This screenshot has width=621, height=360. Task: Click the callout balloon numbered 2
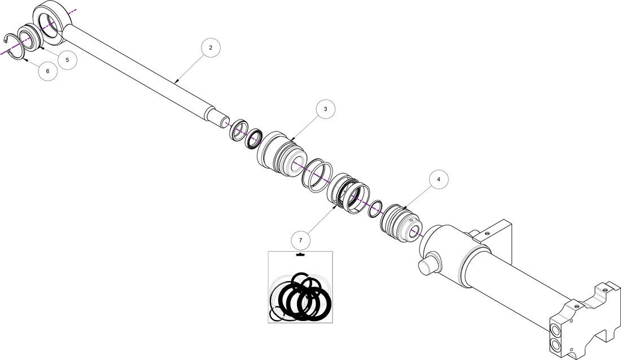coord(211,48)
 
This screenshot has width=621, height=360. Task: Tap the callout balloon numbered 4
coord(439,180)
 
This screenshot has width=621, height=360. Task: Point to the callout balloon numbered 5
coord(67,60)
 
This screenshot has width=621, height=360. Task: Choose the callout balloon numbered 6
coord(47,72)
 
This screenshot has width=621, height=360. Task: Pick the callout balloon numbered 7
coord(300,240)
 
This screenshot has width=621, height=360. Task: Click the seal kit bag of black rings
coord(300,293)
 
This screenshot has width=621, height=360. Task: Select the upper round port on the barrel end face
coord(556,328)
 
